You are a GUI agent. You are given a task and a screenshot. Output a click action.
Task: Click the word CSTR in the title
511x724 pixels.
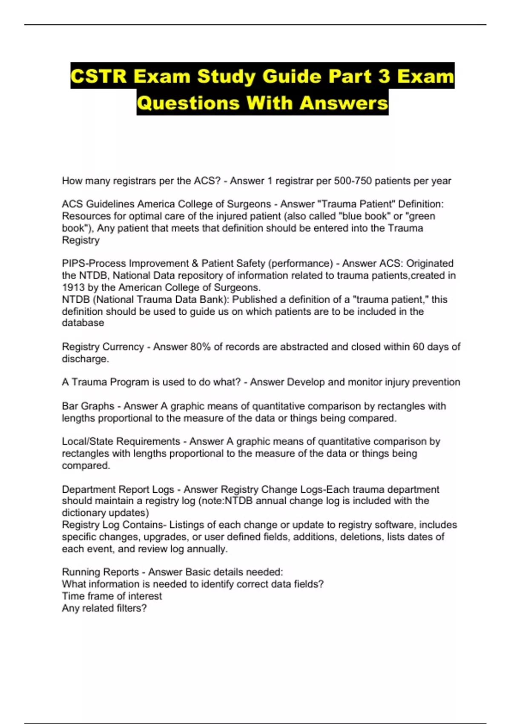pyautogui.click(x=99, y=76)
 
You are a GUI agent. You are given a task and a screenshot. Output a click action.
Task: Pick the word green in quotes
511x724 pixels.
pyautogui.click(x=422, y=216)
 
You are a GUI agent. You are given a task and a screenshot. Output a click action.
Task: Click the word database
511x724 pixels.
pyautogui.click(x=83, y=323)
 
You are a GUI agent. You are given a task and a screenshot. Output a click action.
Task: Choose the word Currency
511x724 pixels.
pyautogui.click(x=123, y=347)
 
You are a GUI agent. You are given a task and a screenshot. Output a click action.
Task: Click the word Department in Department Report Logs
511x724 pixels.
pyautogui.click(x=88, y=490)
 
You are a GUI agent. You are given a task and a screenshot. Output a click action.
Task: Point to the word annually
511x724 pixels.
pyautogui.click(x=206, y=549)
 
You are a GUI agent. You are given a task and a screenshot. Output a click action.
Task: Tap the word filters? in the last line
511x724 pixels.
pyautogui.click(x=132, y=609)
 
